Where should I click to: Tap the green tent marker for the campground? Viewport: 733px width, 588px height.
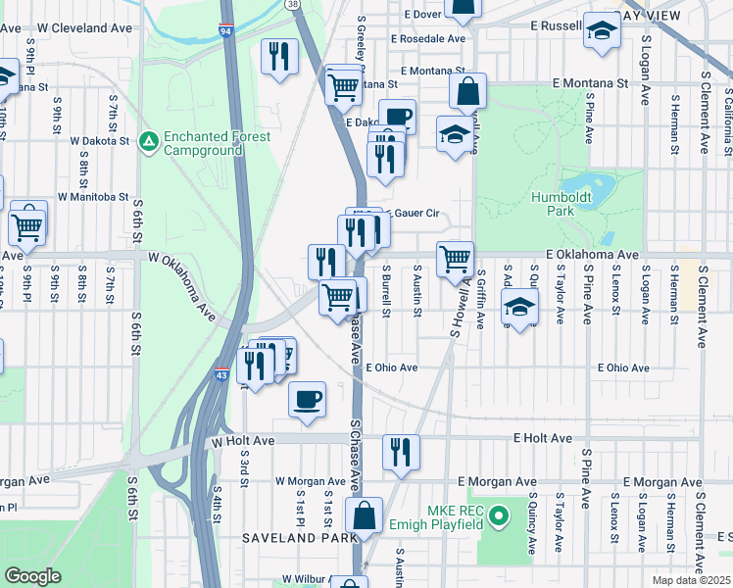point(148,143)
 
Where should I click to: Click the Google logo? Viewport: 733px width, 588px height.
point(32,576)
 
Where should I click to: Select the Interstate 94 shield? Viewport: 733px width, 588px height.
point(226,32)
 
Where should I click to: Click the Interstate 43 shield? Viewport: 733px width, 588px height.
point(221,375)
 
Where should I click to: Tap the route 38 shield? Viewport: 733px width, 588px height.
point(293,5)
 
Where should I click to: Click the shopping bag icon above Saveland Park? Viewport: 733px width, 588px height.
point(364,515)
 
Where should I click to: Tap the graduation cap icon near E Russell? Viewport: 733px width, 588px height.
point(601,30)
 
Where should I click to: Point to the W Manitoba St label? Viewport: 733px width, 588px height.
point(93,196)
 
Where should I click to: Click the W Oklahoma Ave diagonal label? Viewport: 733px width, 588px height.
point(182,284)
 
